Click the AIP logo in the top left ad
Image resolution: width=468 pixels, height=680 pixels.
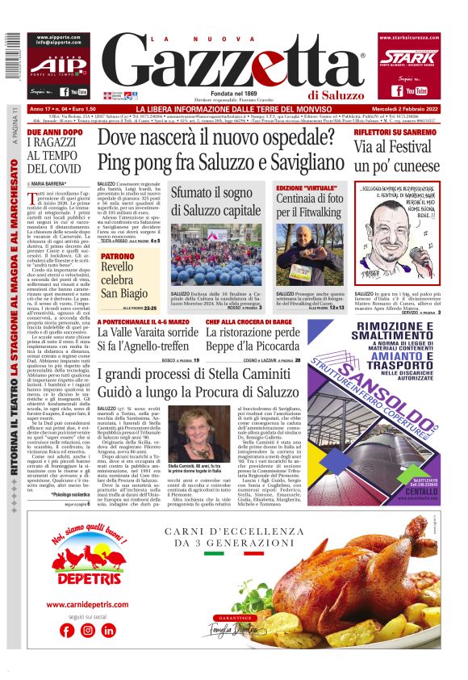(x=59, y=65)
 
